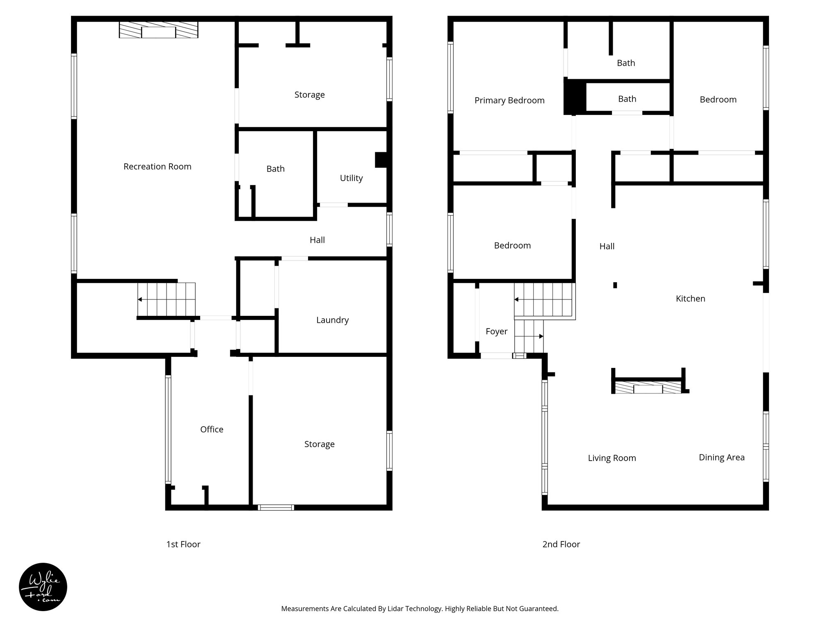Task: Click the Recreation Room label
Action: pos(157,167)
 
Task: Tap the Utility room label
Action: pos(351,178)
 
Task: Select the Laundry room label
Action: pos(332,320)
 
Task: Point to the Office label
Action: pos(212,429)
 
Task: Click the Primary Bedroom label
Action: pos(509,100)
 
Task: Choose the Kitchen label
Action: pos(690,299)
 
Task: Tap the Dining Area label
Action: pos(721,457)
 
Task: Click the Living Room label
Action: pos(612,458)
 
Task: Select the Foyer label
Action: pos(496,331)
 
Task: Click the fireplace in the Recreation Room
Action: pos(158,30)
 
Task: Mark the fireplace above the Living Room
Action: pos(648,388)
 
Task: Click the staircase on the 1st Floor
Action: pos(166,299)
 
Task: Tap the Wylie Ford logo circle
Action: pos(43,587)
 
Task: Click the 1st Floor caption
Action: pos(183,544)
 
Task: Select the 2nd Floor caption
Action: pos(561,544)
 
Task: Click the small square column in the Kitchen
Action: pos(615,285)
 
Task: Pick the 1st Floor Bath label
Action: pos(275,169)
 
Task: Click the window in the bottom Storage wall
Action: pos(276,507)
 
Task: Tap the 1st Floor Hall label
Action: pos(317,240)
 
